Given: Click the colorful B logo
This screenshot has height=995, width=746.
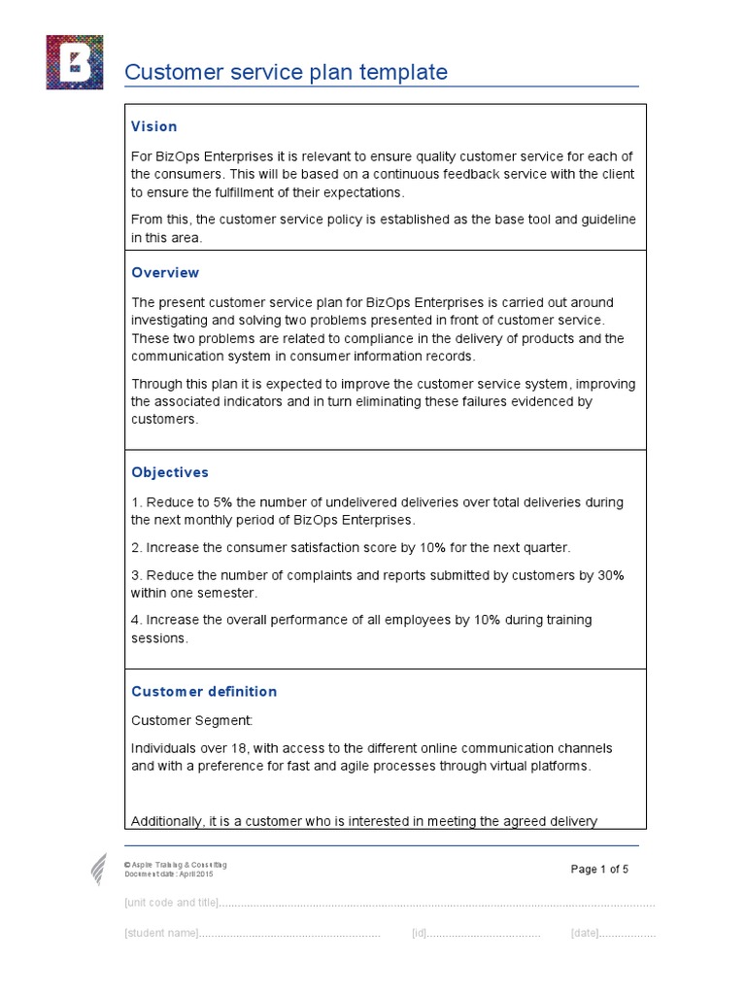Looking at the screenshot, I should pyautogui.click(x=74, y=62).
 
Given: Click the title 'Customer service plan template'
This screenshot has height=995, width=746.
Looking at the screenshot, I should pyautogui.click(x=287, y=72).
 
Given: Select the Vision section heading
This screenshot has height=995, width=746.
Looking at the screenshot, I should pyautogui.click(x=154, y=126).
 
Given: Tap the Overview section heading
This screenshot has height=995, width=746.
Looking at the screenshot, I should pyautogui.click(x=165, y=273).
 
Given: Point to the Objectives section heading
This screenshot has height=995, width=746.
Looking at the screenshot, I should pyautogui.click(x=170, y=472).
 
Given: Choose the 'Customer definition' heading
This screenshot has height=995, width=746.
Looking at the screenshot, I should pyautogui.click(x=204, y=692).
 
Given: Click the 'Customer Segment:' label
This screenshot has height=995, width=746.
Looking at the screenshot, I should pyautogui.click(x=191, y=720).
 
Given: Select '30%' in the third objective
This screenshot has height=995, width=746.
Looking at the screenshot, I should pyautogui.click(x=610, y=575).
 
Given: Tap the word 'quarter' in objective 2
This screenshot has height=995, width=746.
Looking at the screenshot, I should pyautogui.click(x=547, y=547).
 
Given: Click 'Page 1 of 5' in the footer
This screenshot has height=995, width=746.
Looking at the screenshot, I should pyautogui.click(x=599, y=870).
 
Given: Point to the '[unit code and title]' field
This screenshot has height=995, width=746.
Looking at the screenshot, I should pyautogui.click(x=171, y=903).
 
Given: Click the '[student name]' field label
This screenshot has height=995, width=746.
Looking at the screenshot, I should pyautogui.click(x=161, y=934).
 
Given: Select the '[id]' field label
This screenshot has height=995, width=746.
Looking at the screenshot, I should pyautogui.click(x=419, y=934).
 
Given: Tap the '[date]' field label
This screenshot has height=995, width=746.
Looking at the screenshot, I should pyautogui.click(x=585, y=934).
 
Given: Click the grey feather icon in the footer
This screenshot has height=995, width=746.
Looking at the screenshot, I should pyautogui.click(x=99, y=868).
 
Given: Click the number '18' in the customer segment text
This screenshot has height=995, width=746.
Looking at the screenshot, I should pyautogui.click(x=220, y=748).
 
